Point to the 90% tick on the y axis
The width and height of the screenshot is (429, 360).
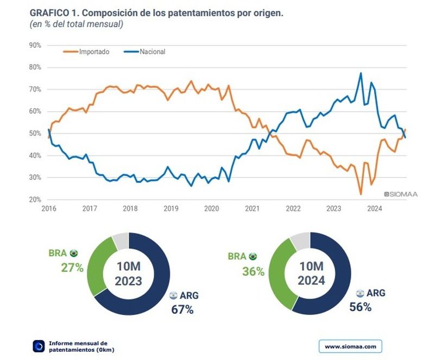click(x=34, y=45)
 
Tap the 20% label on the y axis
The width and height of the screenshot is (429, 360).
click(x=34, y=200)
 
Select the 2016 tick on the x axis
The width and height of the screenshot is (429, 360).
click(x=49, y=209)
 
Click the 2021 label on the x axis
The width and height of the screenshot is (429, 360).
click(x=252, y=209)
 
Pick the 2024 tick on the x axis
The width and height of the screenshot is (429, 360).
click(x=374, y=209)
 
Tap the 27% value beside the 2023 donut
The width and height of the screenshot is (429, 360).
click(x=72, y=267)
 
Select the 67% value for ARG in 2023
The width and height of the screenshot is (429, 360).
click(x=182, y=310)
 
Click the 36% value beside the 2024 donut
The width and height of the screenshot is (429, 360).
click(x=253, y=271)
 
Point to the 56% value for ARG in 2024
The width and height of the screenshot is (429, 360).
click(x=361, y=307)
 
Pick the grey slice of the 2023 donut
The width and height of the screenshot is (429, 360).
click(x=121, y=239)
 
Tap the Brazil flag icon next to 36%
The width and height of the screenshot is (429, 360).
click(x=253, y=256)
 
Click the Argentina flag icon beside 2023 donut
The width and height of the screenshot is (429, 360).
click(x=173, y=295)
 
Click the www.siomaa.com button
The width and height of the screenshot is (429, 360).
click(x=350, y=346)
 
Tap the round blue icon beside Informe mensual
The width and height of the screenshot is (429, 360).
click(x=39, y=346)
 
